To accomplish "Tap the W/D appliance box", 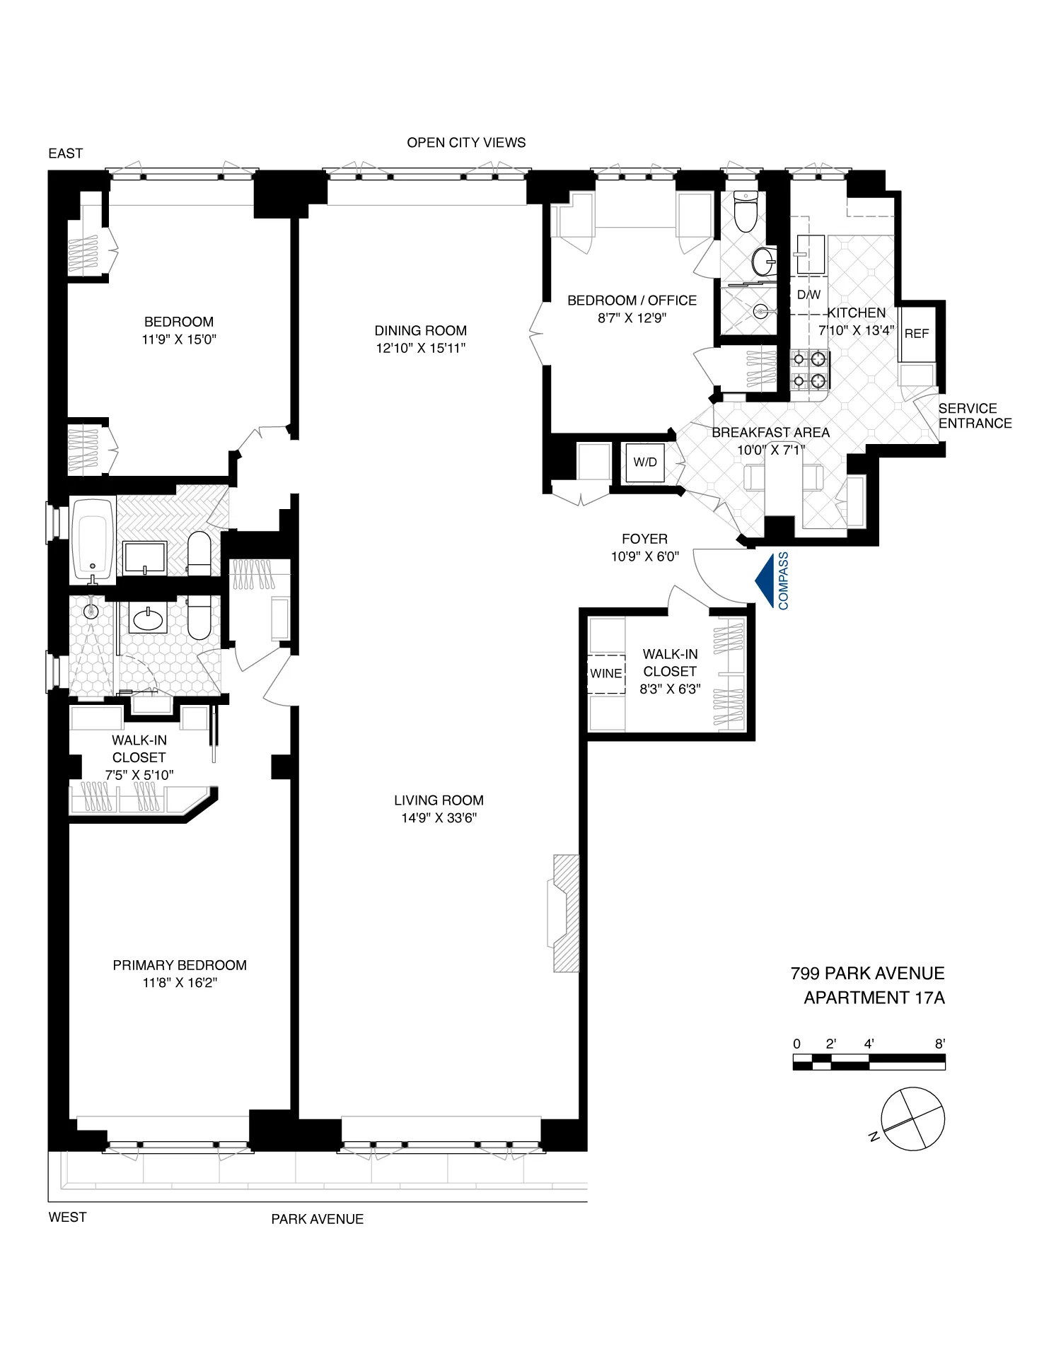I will [x=644, y=462].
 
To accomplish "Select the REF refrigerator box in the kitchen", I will [x=916, y=333].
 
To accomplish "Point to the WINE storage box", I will [x=606, y=673].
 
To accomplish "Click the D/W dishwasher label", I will [x=808, y=295].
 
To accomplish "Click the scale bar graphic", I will [x=869, y=1061].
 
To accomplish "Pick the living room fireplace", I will [x=564, y=913].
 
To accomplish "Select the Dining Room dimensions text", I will [x=421, y=348].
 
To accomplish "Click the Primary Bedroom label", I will [x=180, y=965].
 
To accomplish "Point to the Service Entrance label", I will [x=974, y=416].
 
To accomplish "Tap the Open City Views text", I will [x=466, y=142].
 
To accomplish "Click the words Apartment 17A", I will [x=874, y=998].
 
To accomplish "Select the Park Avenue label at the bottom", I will [x=317, y=1219].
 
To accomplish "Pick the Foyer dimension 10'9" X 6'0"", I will [x=644, y=556].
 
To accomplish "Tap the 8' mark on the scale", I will [x=940, y=1044].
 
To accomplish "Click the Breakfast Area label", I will [x=770, y=432].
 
